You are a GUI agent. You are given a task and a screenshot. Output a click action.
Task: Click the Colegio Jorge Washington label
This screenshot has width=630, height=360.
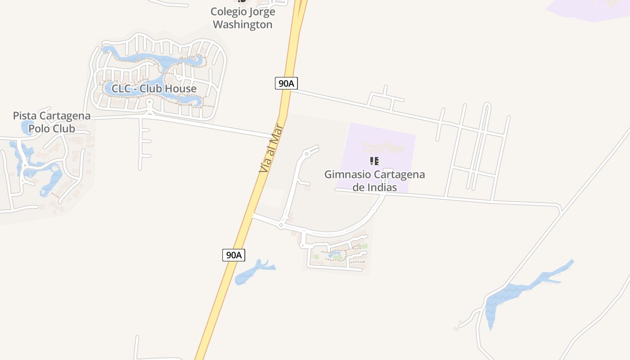pos(243,18)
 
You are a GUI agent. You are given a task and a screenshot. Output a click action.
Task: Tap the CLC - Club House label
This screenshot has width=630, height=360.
pos(154,89)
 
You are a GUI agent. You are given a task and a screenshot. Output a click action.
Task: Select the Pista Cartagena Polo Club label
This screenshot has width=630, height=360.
pos(51,122)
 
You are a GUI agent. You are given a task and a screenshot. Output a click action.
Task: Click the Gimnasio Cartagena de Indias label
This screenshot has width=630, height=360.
pos(374,180)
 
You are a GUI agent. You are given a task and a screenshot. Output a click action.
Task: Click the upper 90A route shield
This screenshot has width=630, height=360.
pos(286,83)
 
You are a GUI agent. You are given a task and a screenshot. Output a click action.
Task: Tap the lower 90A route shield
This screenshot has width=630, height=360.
pos(234,255)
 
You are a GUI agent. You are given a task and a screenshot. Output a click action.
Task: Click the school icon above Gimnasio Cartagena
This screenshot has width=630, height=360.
pos(374,161)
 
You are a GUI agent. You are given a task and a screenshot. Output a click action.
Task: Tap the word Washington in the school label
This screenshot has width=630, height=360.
pos(243,24)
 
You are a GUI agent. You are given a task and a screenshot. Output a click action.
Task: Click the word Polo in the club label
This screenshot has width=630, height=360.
pos(40,129)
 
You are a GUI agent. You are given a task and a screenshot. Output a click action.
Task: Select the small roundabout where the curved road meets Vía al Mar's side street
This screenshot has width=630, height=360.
pos(281,225)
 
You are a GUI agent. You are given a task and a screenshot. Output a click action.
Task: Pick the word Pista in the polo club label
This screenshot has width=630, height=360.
pos(24,116)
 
